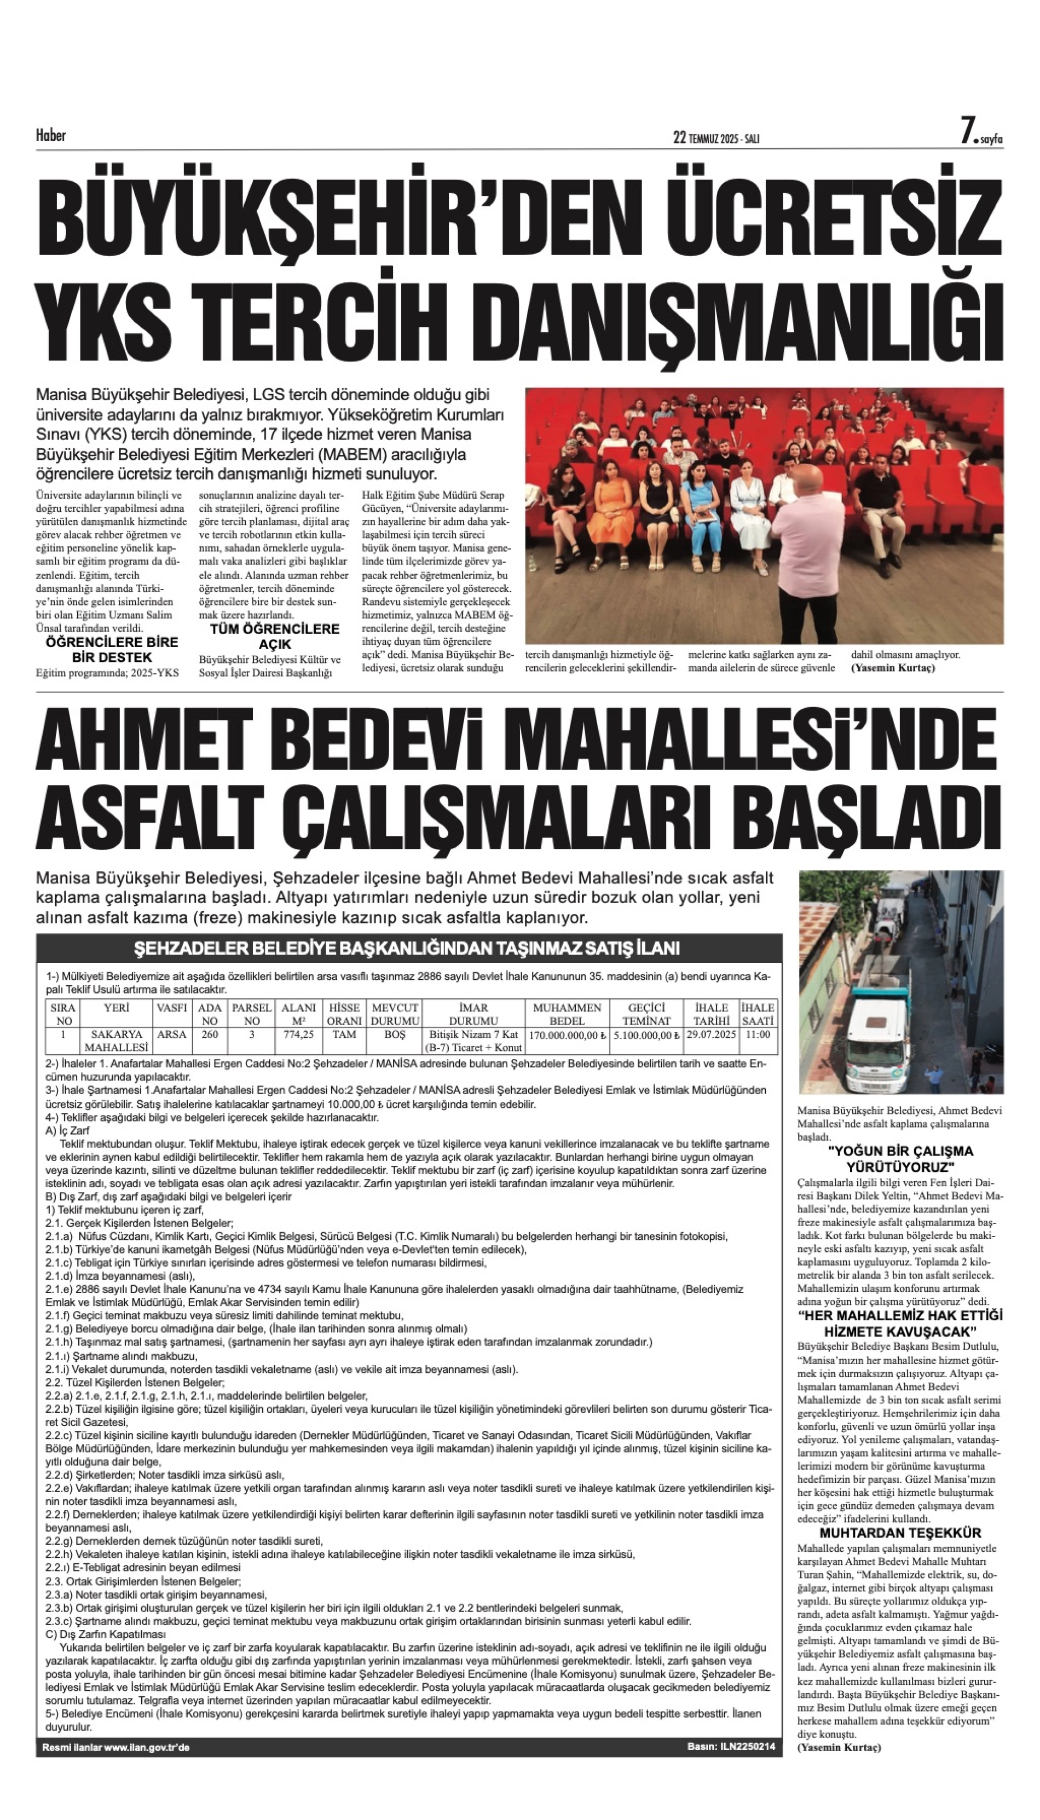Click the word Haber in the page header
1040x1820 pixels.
pyautogui.click(x=51, y=135)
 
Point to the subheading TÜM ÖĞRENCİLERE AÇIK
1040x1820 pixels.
pyautogui.click(x=275, y=635)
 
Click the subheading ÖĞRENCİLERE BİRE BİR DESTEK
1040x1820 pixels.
pyautogui.click(x=112, y=649)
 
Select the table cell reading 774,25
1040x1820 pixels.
pyautogui.click(x=298, y=1035)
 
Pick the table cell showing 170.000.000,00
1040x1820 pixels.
pyautogui.click(x=567, y=1035)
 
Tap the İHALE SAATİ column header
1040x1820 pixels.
pyautogui.click(x=757, y=1014)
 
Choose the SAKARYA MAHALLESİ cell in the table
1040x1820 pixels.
pyautogui.click(x=117, y=1041)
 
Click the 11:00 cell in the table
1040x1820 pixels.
pyautogui.click(x=757, y=1035)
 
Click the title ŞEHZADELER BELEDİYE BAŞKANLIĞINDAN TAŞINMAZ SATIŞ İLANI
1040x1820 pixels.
pyautogui.click(x=407, y=949)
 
